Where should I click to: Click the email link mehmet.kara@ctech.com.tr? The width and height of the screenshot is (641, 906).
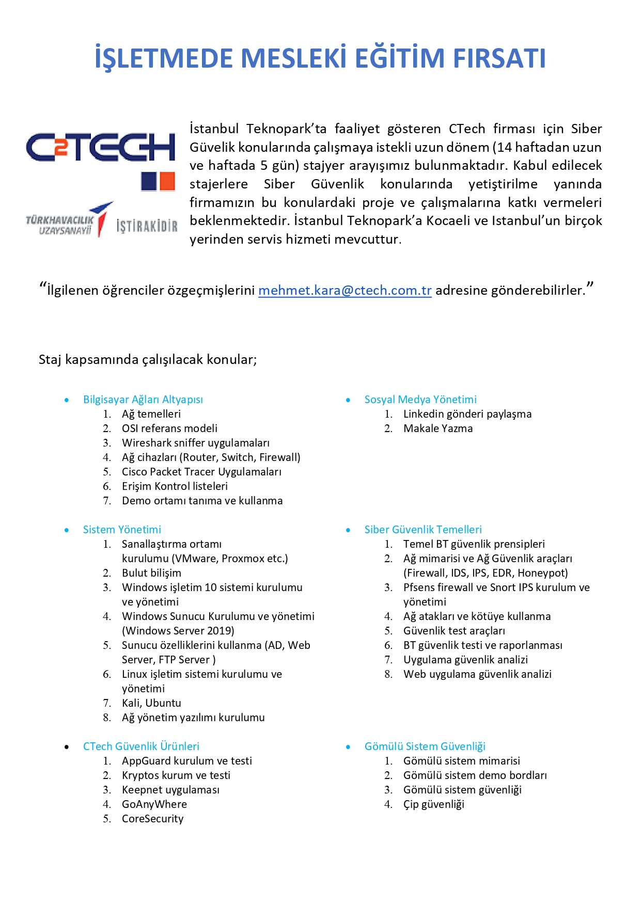pos(345,291)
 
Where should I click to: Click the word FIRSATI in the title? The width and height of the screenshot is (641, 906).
pos(499,58)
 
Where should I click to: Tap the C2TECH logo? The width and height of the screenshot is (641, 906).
pos(101,147)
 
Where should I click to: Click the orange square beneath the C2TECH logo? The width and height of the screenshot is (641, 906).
pos(167,182)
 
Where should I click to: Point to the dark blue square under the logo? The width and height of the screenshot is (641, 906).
pos(149,182)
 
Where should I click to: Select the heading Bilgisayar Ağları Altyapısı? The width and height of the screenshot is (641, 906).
pos(143,400)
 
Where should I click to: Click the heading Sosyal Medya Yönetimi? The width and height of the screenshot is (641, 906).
pos(420,400)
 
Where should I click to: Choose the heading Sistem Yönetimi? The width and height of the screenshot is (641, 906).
pos(122,530)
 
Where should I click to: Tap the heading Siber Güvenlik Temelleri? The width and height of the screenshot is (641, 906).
pos(423,530)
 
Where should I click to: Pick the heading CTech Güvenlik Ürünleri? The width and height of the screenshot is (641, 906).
pos(141,746)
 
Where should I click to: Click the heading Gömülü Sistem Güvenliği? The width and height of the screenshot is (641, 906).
pos(425,746)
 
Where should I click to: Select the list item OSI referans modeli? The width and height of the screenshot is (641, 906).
pos(169,428)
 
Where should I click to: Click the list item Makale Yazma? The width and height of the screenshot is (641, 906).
pos(437,428)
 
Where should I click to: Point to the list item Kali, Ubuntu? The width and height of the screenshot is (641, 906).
pos(151,703)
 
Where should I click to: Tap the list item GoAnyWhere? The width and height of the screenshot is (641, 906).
pos(154,804)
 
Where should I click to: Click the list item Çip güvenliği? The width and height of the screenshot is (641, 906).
pos(433,804)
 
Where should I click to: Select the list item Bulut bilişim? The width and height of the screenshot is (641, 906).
pos(151,573)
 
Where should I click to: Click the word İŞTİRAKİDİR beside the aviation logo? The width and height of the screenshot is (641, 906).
pos(147,226)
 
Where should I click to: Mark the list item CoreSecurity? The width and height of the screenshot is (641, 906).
pos(152,819)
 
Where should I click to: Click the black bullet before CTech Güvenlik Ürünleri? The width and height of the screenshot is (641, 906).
pos(67,747)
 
